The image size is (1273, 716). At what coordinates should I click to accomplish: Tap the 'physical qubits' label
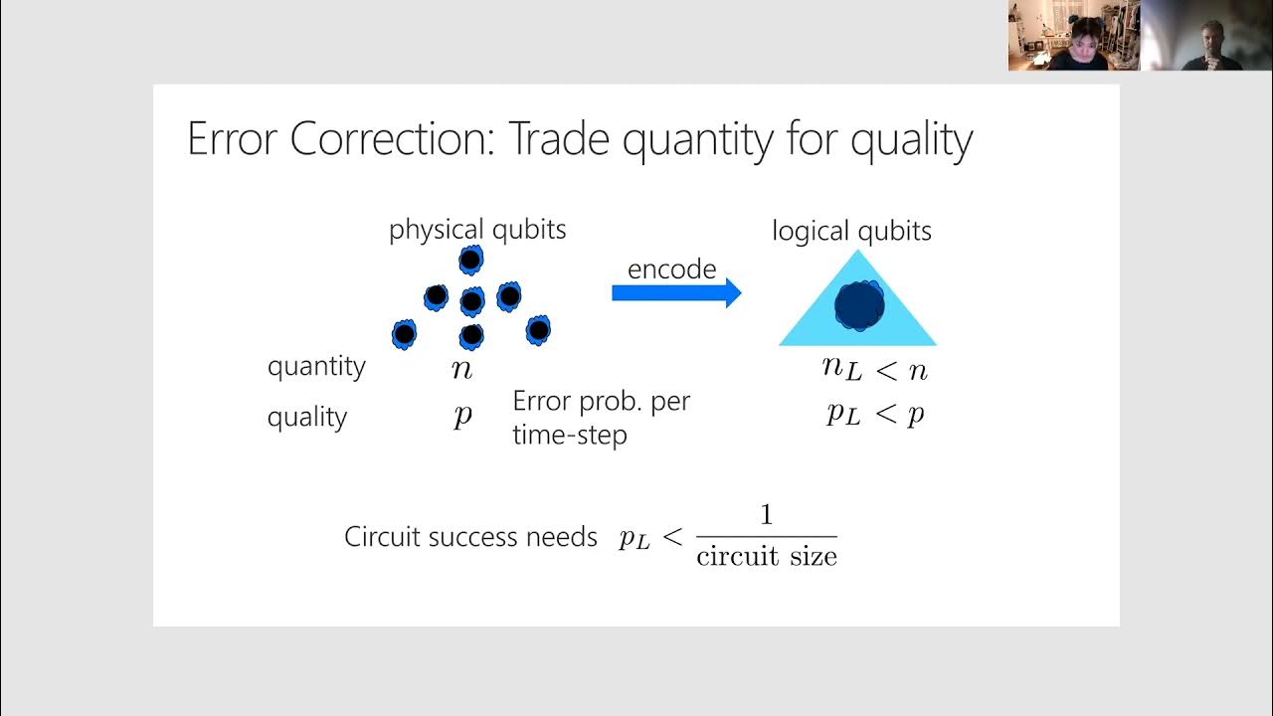tap(477, 230)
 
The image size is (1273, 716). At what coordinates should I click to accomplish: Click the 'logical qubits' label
tap(851, 232)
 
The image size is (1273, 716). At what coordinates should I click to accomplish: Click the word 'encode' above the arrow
tap(671, 268)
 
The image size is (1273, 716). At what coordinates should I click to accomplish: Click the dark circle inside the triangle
tap(858, 304)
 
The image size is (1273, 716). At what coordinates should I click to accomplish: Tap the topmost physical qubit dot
tap(470, 261)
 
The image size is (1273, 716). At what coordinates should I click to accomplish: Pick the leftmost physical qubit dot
tap(404, 334)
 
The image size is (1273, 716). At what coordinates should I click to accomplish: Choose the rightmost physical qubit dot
tap(538, 329)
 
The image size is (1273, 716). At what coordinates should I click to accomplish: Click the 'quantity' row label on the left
tap(316, 366)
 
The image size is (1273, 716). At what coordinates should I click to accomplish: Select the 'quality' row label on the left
tap(306, 417)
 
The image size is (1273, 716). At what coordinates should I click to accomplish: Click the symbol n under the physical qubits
tap(461, 370)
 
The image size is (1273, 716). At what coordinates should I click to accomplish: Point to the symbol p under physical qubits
tap(462, 415)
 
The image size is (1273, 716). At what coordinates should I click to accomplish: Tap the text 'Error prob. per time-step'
tap(601, 418)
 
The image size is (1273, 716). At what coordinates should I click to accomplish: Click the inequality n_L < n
tap(874, 370)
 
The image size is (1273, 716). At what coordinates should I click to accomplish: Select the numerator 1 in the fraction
tap(766, 515)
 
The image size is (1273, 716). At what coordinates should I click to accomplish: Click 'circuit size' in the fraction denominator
tap(766, 556)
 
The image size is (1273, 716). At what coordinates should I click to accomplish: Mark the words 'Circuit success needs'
tap(470, 537)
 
